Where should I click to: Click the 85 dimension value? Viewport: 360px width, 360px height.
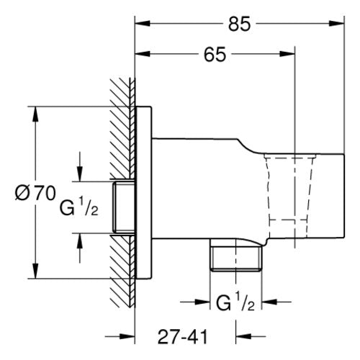click(x=239, y=24)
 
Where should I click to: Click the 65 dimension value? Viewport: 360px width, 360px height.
click(x=215, y=54)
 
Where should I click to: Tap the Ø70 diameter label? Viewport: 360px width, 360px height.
click(x=35, y=193)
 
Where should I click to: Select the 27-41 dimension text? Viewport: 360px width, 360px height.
click(x=182, y=337)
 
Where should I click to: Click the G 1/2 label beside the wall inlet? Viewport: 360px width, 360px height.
click(x=79, y=207)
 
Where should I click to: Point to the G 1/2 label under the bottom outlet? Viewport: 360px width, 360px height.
click(x=235, y=303)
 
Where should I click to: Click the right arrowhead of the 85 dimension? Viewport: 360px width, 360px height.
click(x=336, y=24)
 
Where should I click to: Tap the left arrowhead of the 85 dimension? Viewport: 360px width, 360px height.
click(x=143, y=24)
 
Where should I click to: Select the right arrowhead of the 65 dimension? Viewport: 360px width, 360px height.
click(x=287, y=54)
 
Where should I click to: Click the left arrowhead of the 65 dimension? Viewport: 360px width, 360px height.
click(x=143, y=54)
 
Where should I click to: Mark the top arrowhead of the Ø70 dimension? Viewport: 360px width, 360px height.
click(x=35, y=114)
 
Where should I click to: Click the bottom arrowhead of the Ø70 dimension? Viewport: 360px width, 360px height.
click(x=35, y=271)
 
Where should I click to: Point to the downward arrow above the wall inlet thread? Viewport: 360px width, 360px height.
click(x=80, y=166)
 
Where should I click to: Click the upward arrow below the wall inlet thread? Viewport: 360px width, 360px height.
click(x=80, y=248)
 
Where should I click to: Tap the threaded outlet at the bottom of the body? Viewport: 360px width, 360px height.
click(x=236, y=255)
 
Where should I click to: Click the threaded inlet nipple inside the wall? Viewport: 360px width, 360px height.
click(x=124, y=207)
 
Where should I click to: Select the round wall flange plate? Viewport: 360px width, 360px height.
click(x=143, y=193)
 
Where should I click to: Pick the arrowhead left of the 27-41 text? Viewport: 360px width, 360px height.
click(x=127, y=337)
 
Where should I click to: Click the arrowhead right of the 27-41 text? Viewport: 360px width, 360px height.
click(x=243, y=337)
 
